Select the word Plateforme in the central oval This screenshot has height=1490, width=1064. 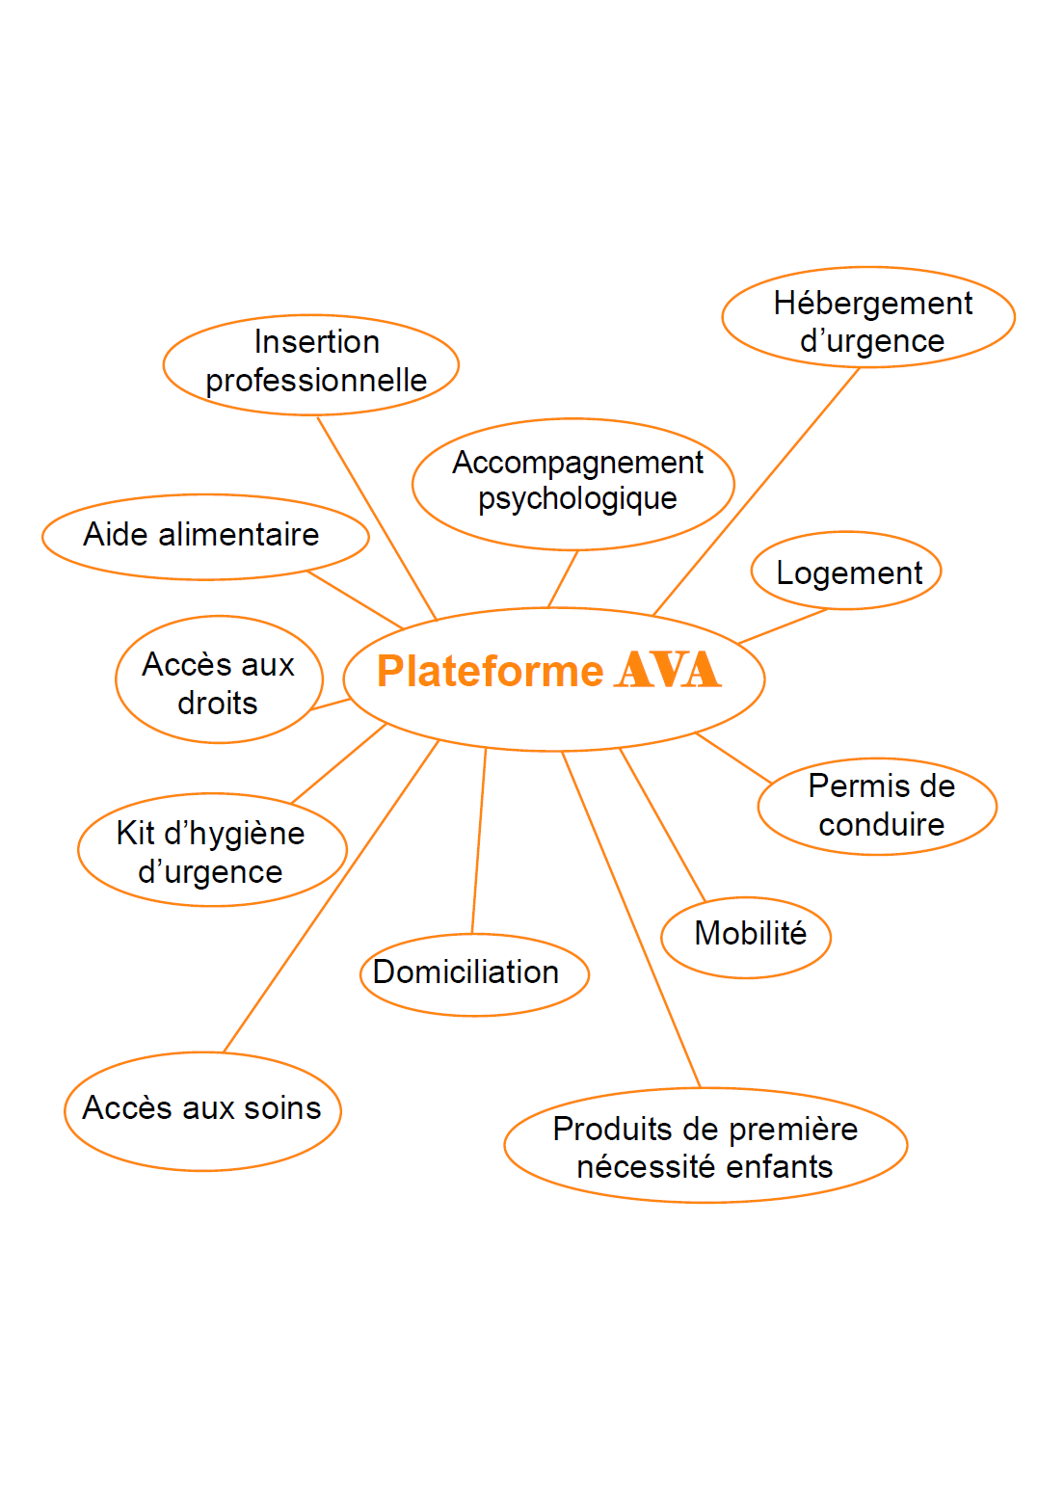[x=491, y=671]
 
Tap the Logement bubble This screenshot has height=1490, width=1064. [x=846, y=570]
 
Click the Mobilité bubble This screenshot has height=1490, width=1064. [x=745, y=937]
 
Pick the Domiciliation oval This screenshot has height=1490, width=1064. [x=474, y=974]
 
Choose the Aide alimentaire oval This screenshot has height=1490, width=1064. [x=205, y=537]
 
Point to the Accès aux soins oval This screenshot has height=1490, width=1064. [x=202, y=1111]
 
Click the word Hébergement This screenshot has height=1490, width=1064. [x=872, y=304]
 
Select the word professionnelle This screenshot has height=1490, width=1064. [x=316, y=381]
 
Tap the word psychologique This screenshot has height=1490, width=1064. [x=577, y=499]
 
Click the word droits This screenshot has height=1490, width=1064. [x=218, y=704]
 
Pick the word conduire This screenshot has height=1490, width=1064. [x=881, y=825]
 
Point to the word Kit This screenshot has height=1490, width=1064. [x=136, y=834]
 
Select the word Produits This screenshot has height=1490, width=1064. [x=612, y=1130]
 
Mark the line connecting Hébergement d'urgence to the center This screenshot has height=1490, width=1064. [x=757, y=492]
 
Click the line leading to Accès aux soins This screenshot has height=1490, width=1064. [x=332, y=895]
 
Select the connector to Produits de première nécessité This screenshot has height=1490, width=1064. [x=631, y=920]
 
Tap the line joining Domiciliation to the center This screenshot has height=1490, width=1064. [x=479, y=840]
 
